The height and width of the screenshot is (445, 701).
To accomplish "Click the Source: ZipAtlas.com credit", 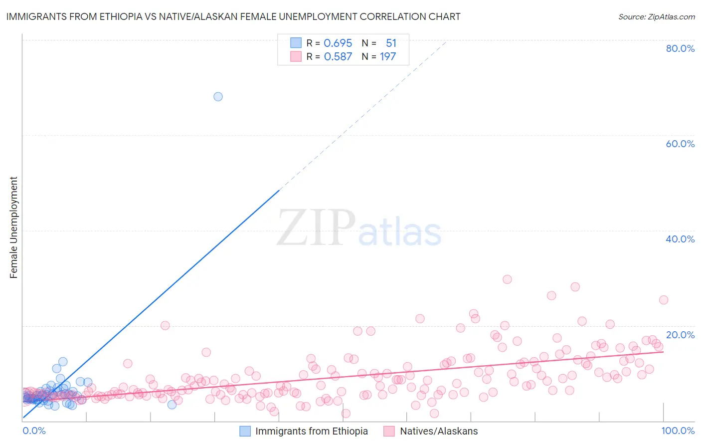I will tap(656, 16).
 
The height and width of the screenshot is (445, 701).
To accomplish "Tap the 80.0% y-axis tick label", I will tap(680, 48).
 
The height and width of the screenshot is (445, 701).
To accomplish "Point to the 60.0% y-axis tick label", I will tap(680, 144).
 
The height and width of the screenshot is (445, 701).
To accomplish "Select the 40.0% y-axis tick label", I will tap(680, 239).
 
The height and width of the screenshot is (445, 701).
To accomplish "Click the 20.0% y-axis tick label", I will tap(680, 335).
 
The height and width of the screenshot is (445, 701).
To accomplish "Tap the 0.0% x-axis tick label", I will tap(34, 431).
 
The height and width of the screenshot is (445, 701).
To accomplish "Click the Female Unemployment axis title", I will tap(13, 227).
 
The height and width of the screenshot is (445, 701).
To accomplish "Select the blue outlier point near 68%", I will tap(218, 97).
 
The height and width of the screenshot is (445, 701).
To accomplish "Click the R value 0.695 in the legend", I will tap(338, 43).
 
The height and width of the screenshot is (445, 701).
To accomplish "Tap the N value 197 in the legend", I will tap(388, 57).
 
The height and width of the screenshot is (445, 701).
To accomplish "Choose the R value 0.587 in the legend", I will tap(338, 57).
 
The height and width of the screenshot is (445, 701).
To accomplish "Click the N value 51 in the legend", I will tap(391, 43).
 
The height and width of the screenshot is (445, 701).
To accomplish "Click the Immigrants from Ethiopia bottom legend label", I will tap(312, 432).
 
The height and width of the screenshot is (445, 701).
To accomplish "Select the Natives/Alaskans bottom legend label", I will tap(439, 432).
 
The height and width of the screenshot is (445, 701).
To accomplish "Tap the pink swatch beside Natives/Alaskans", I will tap(389, 432).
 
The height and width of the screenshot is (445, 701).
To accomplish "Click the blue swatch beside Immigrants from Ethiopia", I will tap(245, 432).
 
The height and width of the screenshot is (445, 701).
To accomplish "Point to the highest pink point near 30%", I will tap(507, 279).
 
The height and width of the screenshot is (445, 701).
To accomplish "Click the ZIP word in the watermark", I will tap(316, 227).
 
